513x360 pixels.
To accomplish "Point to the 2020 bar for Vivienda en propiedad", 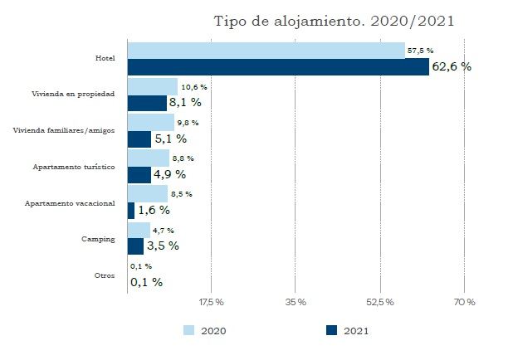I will point(152,86).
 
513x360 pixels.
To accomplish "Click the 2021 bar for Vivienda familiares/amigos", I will point(139,139).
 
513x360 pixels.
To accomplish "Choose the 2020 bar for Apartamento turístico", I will point(148,158).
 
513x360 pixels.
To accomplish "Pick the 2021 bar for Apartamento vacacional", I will point(130,210).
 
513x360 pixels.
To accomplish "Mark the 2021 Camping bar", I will point(135,246).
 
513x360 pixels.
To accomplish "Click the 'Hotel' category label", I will point(105,59).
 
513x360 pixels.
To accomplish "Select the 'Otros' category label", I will point(105,275).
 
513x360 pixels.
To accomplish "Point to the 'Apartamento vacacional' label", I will point(76,203).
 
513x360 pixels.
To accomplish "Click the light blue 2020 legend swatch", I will point(189,330).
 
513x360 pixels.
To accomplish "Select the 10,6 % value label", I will point(193,86).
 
